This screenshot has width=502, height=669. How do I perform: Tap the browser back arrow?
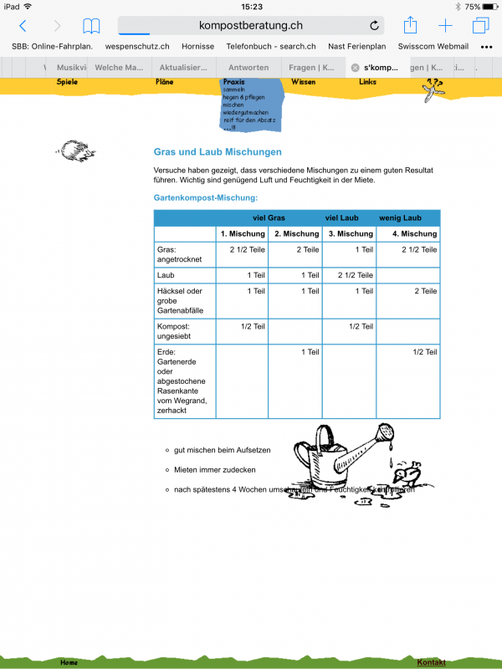23,26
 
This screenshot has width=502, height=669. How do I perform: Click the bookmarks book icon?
90,26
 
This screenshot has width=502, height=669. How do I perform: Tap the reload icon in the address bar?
374,26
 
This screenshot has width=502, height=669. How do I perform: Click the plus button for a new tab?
445,26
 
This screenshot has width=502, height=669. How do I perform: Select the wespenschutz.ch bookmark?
137,47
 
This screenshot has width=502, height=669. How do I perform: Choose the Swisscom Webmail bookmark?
433,47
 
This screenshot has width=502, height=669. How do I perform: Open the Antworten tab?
248,67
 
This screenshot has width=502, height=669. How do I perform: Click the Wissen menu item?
303,82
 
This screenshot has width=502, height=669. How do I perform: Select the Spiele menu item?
68,82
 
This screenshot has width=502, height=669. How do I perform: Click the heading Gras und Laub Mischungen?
218,152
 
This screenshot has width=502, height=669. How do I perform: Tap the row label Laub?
166,275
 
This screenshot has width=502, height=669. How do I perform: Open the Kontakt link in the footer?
431,662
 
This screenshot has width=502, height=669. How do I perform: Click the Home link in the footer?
69,662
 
